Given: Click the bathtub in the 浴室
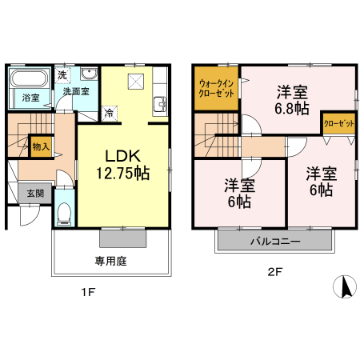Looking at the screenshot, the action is [x=29, y=78].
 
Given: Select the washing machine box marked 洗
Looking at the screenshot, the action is [x=62, y=75].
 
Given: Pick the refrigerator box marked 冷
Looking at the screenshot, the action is [x=110, y=114].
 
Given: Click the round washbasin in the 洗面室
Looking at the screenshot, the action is [x=90, y=73].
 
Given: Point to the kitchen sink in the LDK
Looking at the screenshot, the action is [x=160, y=105].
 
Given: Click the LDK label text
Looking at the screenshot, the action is [x=123, y=156].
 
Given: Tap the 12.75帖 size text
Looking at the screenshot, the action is [x=123, y=173].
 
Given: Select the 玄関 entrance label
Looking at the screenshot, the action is [x=35, y=194].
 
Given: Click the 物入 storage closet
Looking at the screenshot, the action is [x=42, y=146].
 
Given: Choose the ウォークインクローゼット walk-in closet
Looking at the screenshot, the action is [x=216, y=88].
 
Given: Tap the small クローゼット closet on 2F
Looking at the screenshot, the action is [x=339, y=124].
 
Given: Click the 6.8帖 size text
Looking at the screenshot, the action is [x=292, y=109].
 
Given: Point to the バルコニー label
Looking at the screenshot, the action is [x=275, y=242].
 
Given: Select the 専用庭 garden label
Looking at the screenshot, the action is [x=110, y=261].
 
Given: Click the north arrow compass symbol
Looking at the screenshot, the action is [x=345, y=286].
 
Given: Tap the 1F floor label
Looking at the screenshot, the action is [x=88, y=292].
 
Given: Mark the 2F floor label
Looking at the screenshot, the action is [x=275, y=272].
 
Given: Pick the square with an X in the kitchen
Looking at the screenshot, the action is [x=136, y=81].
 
